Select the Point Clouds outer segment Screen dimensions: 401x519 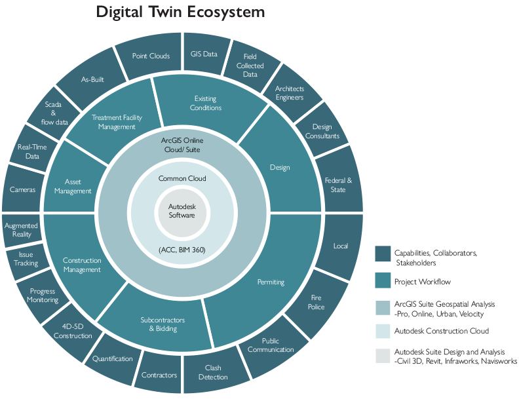(151, 56)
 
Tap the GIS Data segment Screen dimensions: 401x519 (204, 54)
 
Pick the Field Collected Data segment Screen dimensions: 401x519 (250, 66)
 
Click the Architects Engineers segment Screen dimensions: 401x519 (289, 93)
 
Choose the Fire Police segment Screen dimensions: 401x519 (317, 302)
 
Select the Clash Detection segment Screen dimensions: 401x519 (213, 372)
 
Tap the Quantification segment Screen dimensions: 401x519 (113, 358)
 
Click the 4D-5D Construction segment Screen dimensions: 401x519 (73, 332)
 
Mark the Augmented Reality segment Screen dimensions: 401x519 (21, 230)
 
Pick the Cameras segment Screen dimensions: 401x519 (23, 189)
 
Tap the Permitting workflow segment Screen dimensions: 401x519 (271, 282)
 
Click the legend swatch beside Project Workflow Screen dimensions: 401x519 (382, 281)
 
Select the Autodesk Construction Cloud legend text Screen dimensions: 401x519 (441, 331)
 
